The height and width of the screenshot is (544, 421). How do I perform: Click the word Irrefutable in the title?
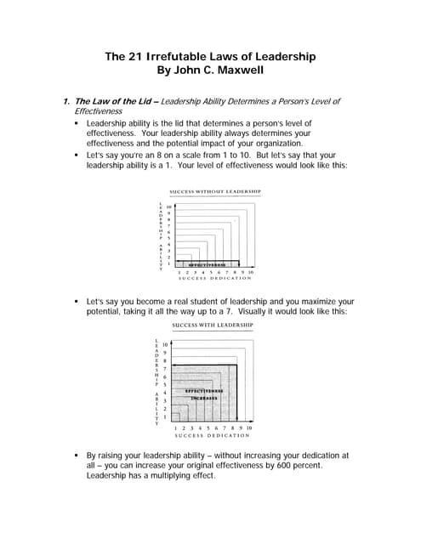(x=181, y=57)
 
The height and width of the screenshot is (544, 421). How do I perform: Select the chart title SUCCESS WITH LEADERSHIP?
(x=213, y=326)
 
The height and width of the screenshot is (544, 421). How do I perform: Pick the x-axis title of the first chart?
(x=213, y=278)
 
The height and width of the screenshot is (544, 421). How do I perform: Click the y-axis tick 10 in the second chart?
(x=166, y=343)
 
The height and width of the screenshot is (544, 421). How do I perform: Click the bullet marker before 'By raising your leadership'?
(x=77, y=455)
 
